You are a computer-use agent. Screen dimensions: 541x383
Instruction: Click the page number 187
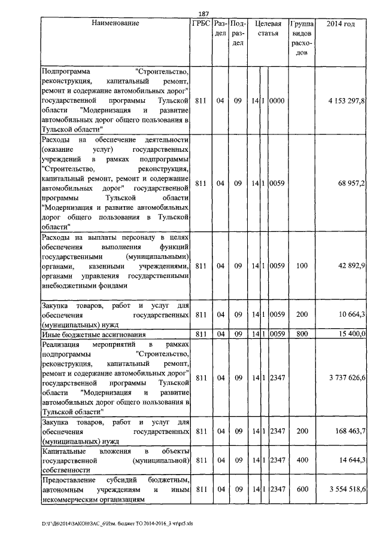coord(203,14)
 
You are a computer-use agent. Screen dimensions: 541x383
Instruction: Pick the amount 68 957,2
coord(351,183)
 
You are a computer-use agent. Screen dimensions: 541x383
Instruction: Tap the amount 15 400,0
coord(351,334)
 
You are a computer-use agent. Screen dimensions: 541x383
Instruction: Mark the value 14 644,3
coord(351,460)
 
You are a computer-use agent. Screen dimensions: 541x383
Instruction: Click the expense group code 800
coord(302,334)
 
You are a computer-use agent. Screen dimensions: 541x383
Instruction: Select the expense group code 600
coord(302,490)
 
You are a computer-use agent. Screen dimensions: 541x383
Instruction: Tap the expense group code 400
coord(302,460)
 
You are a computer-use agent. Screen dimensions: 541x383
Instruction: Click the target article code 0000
coord(276,101)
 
